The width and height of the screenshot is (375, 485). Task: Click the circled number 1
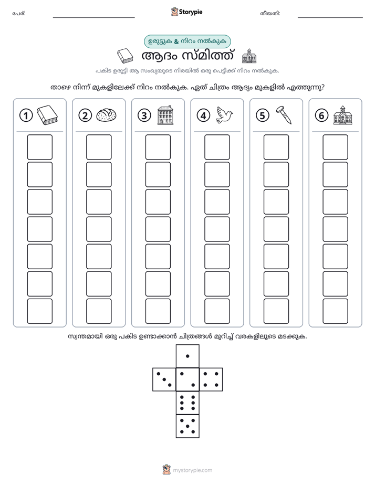click(x=26, y=115)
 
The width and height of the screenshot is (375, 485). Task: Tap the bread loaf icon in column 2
click(x=106, y=115)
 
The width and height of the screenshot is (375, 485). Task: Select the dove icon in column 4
click(x=224, y=115)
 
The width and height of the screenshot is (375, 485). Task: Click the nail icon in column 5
click(x=284, y=115)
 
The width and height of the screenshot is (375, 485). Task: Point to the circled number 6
click(x=321, y=115)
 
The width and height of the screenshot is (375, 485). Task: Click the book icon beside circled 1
click(x=47, y=115)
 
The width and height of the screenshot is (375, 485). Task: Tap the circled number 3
click(x=144, y=115)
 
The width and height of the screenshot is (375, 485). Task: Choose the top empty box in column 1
click(x=39, y=147)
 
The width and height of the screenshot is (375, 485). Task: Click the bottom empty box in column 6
click(x=335, y=311)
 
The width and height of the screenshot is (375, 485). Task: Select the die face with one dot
click(x=187, y=356)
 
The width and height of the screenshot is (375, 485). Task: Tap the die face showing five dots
click(x=187, y=426)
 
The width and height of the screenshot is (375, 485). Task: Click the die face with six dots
click(x=187, y=403)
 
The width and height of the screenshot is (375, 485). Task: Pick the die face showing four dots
click(x=211, y=379)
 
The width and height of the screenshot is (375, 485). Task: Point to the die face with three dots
click(x=164, y=379)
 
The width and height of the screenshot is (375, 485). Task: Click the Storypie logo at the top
click(x=186, y=12)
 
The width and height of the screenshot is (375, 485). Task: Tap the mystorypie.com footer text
click(x=192, y=470)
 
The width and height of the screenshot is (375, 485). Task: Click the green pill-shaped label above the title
click(x=187, y=41)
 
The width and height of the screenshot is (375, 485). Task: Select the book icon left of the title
click(x=125, y=56)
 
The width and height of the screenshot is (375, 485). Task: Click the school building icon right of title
click(x=249, y=56)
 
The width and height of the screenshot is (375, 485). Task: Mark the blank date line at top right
click(x=330, y=18)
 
